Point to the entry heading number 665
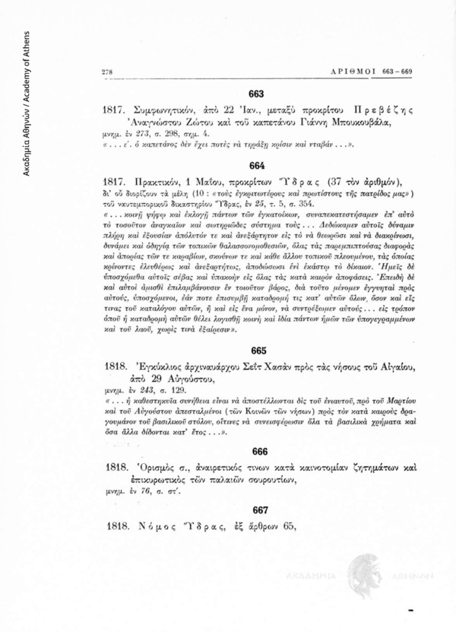click(x=257, y=351)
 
